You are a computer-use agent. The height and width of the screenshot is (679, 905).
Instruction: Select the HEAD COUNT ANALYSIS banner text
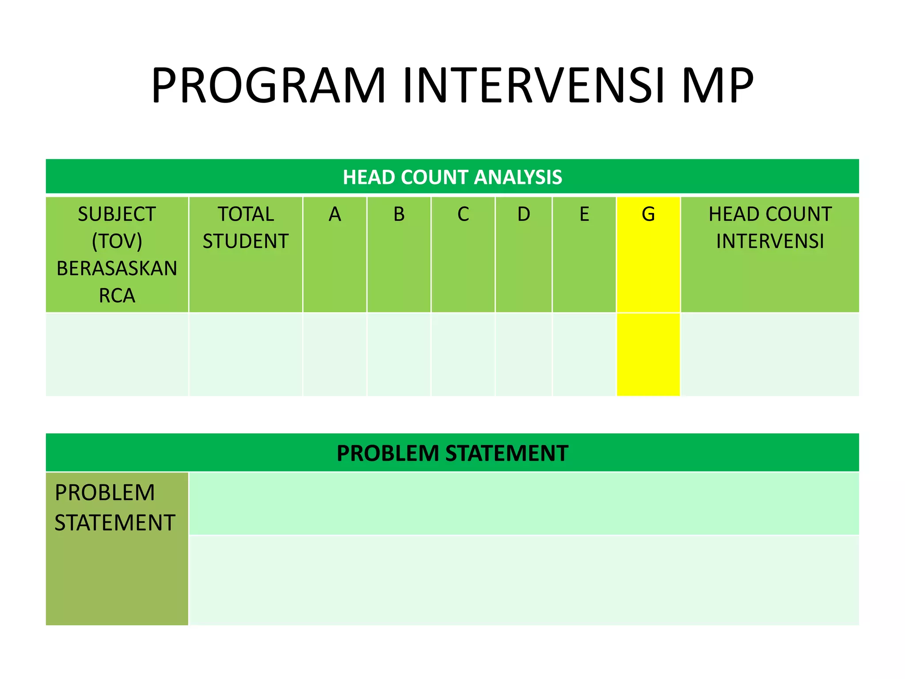coord(452,177)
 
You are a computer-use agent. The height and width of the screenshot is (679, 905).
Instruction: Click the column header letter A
coord(335,214)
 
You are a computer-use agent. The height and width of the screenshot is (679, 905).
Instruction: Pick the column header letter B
coord(399,214)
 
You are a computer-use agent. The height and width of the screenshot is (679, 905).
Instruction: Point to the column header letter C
coord(463,214)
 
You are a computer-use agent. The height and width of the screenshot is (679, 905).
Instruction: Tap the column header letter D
coord(524,214)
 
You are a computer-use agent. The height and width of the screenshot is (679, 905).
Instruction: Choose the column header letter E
coord(584,214)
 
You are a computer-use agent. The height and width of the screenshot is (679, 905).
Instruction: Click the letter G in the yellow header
coord(648,214)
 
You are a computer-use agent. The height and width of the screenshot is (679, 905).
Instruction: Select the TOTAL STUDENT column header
coord(246,228)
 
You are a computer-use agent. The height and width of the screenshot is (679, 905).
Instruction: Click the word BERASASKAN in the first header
coord(117,268)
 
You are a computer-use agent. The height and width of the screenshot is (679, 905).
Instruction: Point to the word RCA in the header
coord(117,295)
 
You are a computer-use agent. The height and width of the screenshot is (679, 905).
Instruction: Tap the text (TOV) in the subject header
coord(117,241)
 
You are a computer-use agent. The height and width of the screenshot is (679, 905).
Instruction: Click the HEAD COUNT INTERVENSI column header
coord(770,228)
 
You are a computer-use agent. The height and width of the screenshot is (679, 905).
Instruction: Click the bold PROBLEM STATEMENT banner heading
coord(452,453)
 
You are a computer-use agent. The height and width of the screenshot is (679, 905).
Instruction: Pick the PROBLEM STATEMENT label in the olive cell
coord(115,507)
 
